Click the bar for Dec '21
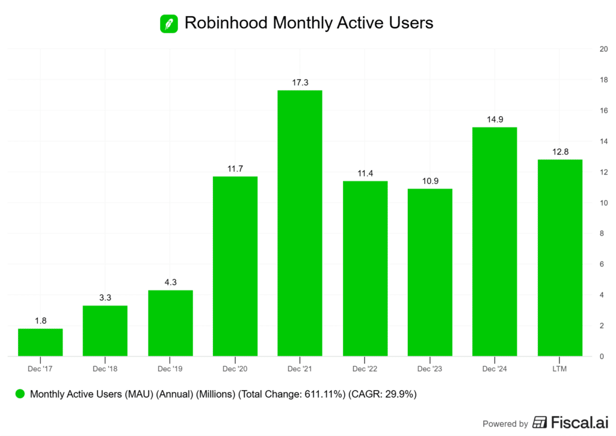tap(300, 223)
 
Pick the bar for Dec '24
tap(494, 241)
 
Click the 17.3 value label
tap(300, 82)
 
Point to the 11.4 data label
tap(365, 173)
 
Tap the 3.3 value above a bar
tap(105, 298)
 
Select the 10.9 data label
tap(430, 181)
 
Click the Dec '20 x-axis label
tap(235, 367)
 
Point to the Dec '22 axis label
tap(365, 367)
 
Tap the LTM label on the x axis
tap(559, 367)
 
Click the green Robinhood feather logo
tap(168, 23)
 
